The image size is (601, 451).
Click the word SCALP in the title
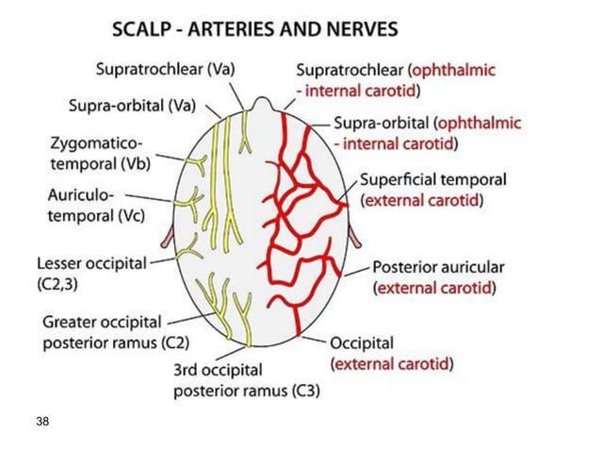pyautogui.click(x=144, y=29)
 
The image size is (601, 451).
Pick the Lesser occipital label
pyautogui.click(x=91, y=263)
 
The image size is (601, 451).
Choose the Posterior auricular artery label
pyautogui.click(x=439, y=268)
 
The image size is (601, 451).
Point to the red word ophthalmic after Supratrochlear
pyautogui.click(x=449, y=71)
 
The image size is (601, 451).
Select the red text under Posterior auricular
pyautogui.click(x=434, y=288)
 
